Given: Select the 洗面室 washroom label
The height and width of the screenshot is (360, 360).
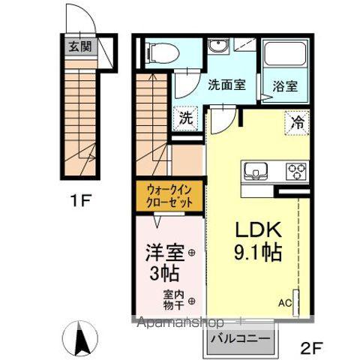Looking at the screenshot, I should click(x=226, y=85).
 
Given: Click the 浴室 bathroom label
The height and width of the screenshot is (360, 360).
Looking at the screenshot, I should click(x=285, y=85).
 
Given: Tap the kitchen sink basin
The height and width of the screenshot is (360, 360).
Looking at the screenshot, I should click(x=253, y=171).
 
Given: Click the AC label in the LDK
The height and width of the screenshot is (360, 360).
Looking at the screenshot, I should click(x=285, y=303).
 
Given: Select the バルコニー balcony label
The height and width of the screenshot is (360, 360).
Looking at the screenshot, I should click(x=240, y=338).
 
